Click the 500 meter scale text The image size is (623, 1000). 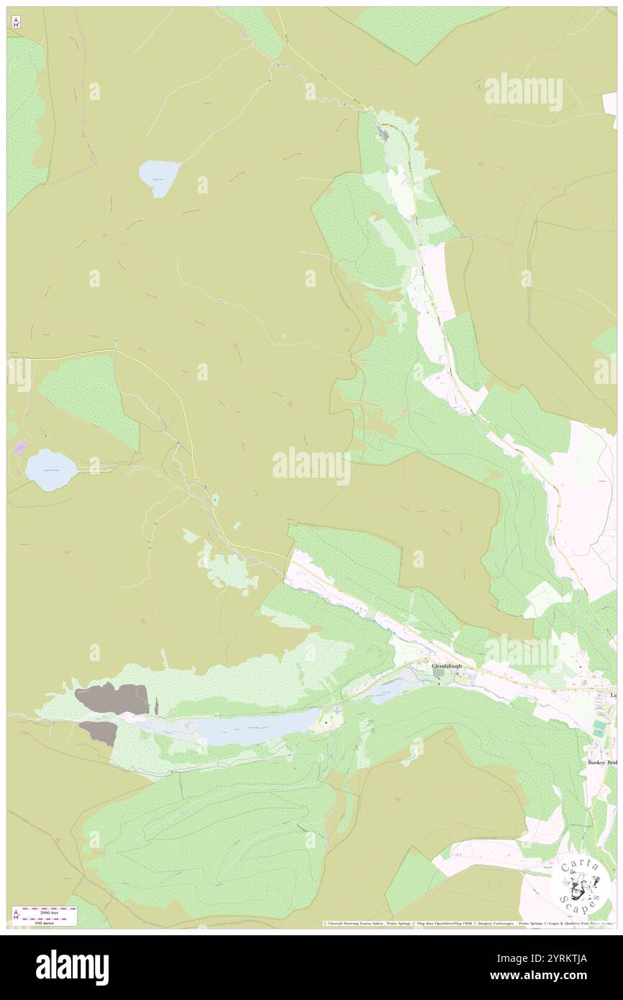(43, 922)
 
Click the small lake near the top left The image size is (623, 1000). (159, 177)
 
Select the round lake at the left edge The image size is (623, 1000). (51, 470)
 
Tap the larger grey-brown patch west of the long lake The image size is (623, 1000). (112, 699)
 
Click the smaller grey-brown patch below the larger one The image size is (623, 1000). (99, 732)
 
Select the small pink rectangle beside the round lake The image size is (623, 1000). (19, 447)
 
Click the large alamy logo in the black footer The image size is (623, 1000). (72, 967)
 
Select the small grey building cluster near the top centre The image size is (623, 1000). (384, 135)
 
